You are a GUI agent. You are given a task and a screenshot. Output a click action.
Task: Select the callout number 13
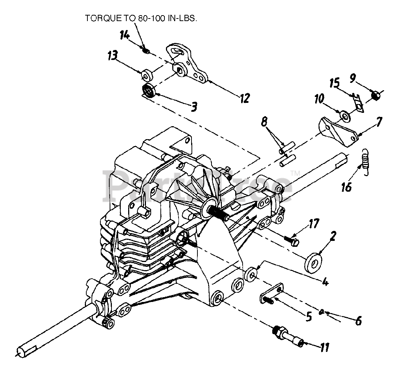coord(113,56)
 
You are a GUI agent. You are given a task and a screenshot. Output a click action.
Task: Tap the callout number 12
coord(244,98)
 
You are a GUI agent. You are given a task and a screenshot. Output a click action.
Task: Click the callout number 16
coord(346,187)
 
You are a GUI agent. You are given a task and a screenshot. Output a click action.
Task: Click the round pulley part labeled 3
coord(149,91)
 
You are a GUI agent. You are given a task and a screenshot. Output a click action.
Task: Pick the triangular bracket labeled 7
coord(337,130)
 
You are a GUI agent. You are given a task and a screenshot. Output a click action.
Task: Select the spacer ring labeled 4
coord(252,276)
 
